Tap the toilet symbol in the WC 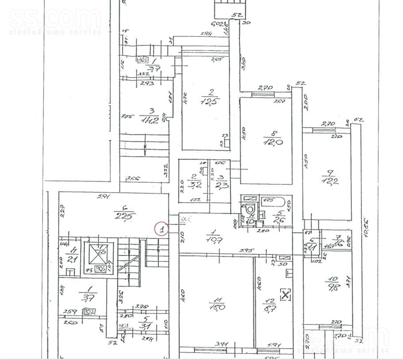250,207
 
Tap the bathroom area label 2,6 278,220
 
